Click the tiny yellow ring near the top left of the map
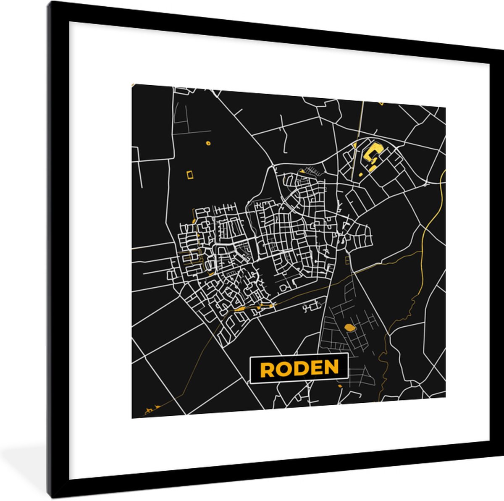tap(207, 143)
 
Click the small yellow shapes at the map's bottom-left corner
tap(151, 408)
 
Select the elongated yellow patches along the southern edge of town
tap(252, 308)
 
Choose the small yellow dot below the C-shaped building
tap(360, 174)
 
